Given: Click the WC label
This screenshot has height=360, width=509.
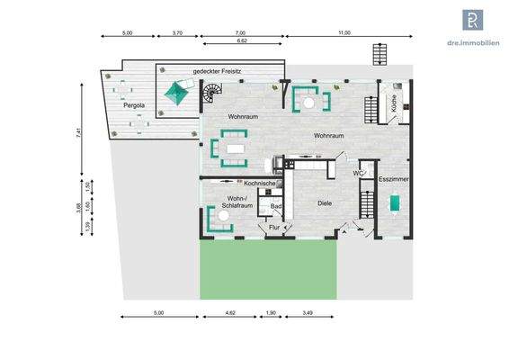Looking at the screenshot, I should point(357,173).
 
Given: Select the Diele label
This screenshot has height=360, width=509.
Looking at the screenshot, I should point(325,203).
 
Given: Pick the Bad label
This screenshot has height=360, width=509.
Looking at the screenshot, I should point(277,206).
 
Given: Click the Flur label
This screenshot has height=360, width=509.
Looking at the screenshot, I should point(274,228).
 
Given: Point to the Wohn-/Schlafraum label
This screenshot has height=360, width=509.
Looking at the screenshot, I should point(236,203).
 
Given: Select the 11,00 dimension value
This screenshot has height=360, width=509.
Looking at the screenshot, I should point(344,33).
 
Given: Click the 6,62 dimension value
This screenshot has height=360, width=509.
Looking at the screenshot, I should point(242,41).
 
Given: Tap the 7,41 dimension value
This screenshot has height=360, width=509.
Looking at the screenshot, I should point(79,131).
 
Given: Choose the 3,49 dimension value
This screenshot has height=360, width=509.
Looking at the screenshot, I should point(308,314).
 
